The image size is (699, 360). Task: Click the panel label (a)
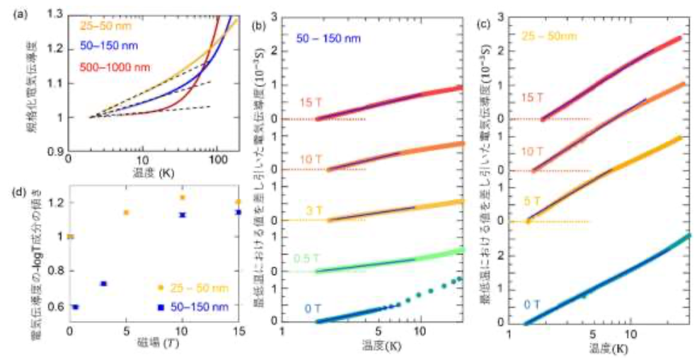click(x=11, y=9)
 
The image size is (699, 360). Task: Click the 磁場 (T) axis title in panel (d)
click(x=154, y=344)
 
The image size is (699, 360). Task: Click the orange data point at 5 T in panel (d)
click(x=126, y=212)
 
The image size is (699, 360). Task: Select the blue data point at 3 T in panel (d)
click(x=103, y=284)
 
